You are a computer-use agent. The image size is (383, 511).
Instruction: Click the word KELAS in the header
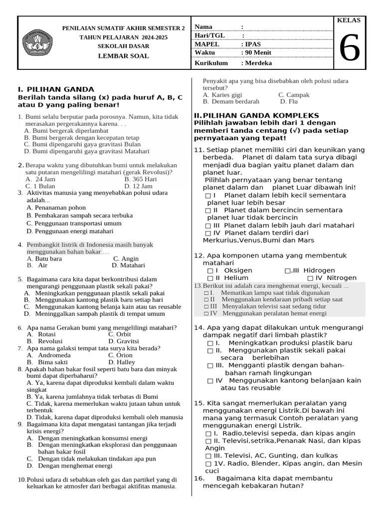pyautogui.click(x=349, y=20)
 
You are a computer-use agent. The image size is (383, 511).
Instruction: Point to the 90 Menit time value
pyautogui.click(x=257, y=53)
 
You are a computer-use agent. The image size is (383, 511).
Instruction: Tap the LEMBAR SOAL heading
pyautogui.click(x=123, y=56)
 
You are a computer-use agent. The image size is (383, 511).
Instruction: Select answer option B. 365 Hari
pyautogui.click(x=141, y=179)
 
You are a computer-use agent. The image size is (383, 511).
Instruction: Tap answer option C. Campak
pyautogui.click(x=294, y=94)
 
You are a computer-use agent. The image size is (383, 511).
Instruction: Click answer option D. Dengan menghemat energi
pyautogui.click(x=69, y=466)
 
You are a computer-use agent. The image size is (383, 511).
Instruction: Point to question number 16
pyautogui.click(x=199, y=478)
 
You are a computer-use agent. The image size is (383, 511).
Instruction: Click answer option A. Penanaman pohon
pyautogui.click(x=56, y=207)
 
